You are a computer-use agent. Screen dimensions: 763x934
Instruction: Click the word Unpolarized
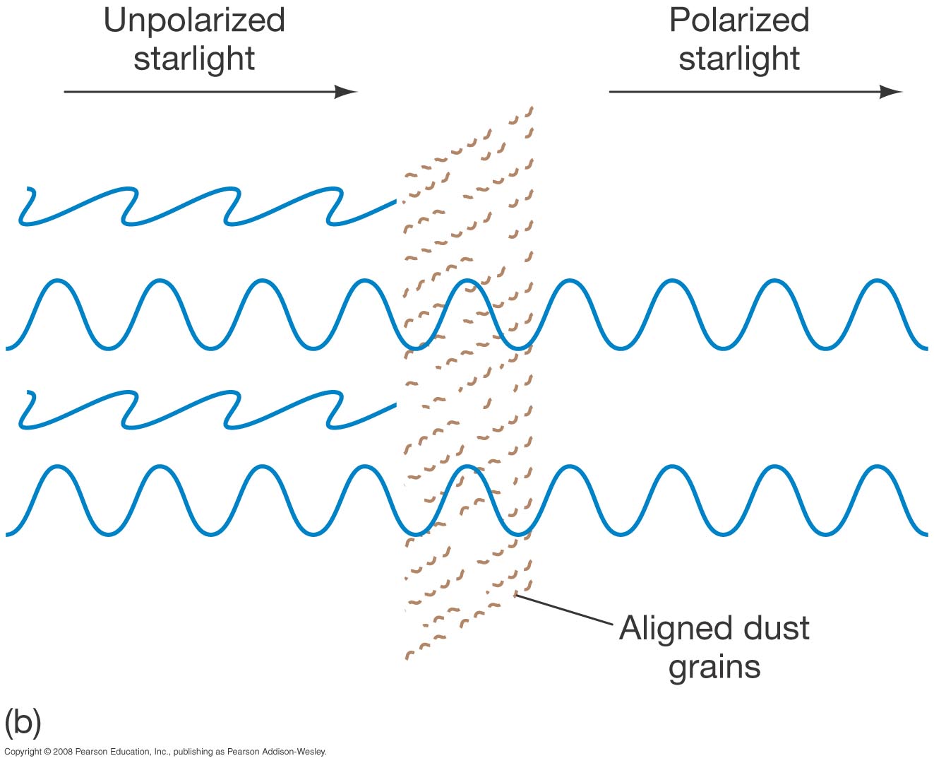coord(194,20)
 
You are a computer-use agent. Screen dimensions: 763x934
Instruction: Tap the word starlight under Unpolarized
coord(194,58)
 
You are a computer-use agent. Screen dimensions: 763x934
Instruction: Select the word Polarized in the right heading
coord(738,20)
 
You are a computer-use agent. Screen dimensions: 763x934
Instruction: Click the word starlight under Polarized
coord(738,58)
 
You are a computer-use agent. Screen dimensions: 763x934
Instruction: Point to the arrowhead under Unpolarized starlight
coord(347,92)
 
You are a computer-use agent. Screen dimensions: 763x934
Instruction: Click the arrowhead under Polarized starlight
coord(892,92)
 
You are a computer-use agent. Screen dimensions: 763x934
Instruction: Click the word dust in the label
coord(777,628)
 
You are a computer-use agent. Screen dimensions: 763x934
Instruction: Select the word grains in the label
coord(714,667)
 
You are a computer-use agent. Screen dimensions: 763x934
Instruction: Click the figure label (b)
coord(23,722)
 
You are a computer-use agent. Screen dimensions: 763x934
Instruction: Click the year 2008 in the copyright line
coord(62,752)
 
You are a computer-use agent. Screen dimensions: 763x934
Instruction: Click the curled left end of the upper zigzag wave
coord(25,205)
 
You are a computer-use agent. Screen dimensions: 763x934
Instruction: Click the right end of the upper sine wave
coord(925,347)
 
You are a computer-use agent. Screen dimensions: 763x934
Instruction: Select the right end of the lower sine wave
coord(925,532)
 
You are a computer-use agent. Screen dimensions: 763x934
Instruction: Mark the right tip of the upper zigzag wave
coord(395,203)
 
